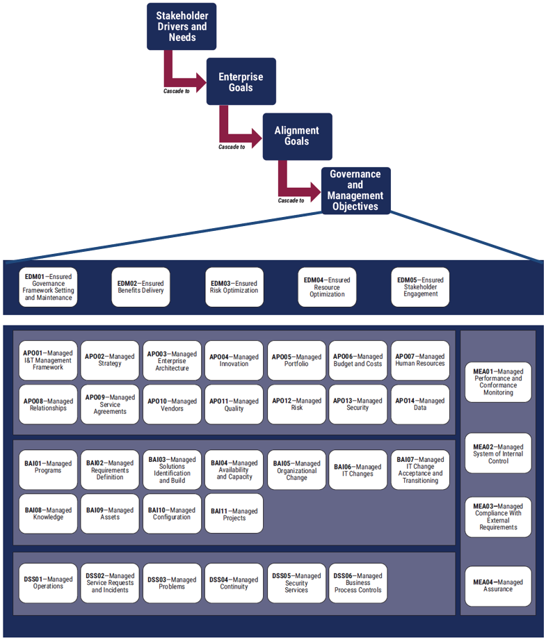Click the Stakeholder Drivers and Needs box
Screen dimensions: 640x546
coord(177,26)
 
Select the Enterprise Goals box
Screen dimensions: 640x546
coord(241,82)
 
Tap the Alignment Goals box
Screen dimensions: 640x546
coord(296,136)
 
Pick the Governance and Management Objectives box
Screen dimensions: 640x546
coord(355,191)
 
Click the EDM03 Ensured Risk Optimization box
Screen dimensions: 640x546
coord(234,287)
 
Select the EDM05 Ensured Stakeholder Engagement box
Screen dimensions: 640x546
coord(420,287)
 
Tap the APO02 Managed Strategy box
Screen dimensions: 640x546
coord(110,360)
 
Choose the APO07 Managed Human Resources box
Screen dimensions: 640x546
coord(420,360)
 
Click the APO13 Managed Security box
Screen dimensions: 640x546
coord(358,404)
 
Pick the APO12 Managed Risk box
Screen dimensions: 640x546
coord(296,404)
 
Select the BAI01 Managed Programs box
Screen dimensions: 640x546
coord(48,467)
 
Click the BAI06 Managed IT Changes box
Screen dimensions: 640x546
coord(358,470)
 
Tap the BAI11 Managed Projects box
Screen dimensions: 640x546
coord(234,514)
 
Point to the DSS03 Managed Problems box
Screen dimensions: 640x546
coord(172,583)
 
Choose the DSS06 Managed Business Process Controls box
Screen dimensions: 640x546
coord(358,583)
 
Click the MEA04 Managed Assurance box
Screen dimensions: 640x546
coord(498,586)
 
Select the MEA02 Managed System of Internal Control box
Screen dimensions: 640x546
coord(498,454)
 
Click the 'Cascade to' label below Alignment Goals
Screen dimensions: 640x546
coord(291,200)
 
